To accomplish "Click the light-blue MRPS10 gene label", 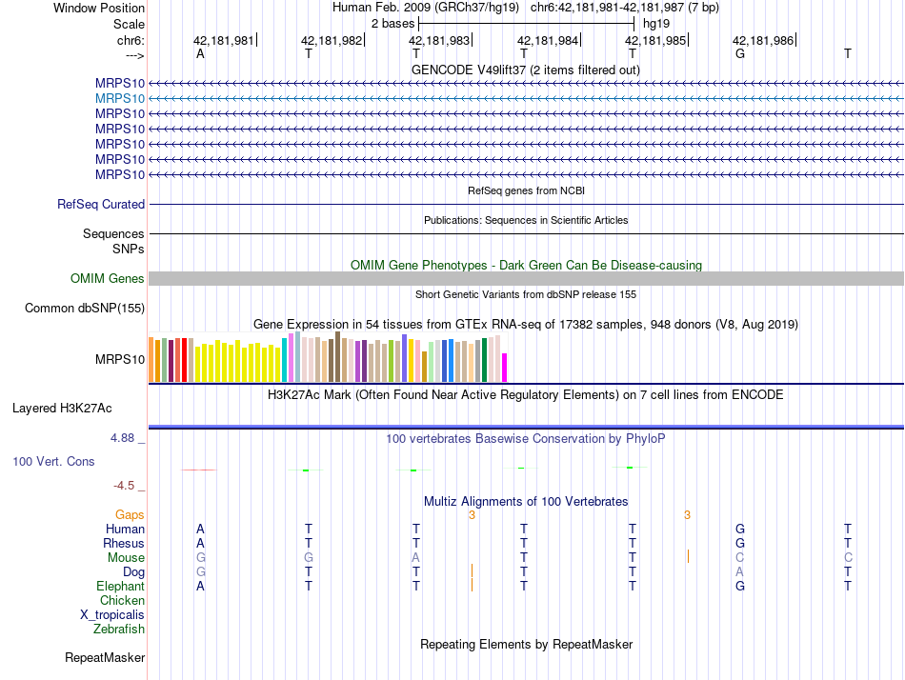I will [120, 98].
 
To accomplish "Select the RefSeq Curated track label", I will [101, 204].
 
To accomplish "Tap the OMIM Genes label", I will [108, 278].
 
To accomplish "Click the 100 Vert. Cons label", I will [53, 461].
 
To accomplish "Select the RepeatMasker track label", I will [105, 657].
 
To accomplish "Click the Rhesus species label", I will [124, 543].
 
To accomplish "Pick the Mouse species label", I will [126, 557].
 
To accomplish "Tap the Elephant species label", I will [121, 586].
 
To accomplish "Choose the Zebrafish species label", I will [119, 629].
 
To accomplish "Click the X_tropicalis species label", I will [112, 614].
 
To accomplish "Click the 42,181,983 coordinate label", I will [439, 41].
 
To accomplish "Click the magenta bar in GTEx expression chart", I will [505, 368].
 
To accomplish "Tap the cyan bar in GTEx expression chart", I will [285, 360].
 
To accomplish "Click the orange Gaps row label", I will [130, 514].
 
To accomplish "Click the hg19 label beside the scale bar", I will [656, 23].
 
